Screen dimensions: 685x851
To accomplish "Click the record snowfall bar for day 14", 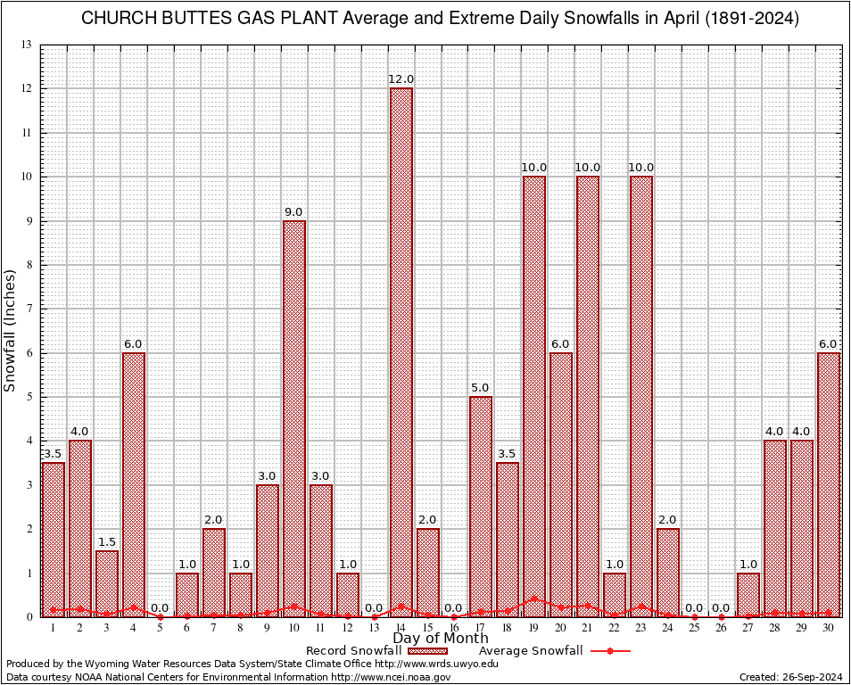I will coord(401,352).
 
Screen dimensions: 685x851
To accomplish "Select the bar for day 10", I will coord(294,419).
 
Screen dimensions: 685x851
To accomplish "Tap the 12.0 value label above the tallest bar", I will coord(401,80).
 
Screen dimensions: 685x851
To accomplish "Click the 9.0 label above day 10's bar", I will coord(294,212).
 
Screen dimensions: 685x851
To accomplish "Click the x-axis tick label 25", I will coord(695,628).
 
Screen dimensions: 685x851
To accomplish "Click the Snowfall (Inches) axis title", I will coord(11,330).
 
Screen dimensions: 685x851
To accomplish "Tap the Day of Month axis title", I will coord(441,638).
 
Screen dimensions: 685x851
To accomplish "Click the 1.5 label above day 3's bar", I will coord(107,542).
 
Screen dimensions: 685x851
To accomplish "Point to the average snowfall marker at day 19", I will coord(534,599).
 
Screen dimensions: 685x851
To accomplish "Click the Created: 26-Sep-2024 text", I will coord(790,678).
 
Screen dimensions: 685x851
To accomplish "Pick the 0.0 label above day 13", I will coord(374,608).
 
